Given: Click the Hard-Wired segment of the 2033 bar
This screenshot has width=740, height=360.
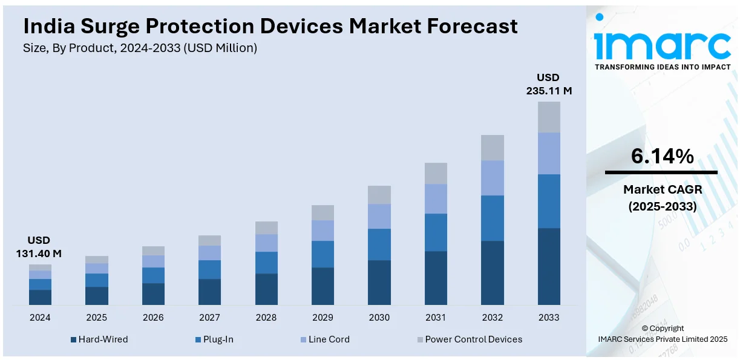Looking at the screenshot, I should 549,266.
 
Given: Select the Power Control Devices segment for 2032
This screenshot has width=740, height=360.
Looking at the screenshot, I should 492,148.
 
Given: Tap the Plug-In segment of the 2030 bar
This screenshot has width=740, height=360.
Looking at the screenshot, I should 379,244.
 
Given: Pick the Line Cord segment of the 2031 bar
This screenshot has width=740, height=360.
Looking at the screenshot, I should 436,198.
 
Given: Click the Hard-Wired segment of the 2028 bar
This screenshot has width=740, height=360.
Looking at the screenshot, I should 266,289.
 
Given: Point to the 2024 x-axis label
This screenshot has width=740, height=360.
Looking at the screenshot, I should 40,318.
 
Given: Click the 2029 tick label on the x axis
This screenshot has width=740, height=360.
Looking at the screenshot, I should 323,318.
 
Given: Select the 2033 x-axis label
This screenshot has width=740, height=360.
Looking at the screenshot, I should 549,318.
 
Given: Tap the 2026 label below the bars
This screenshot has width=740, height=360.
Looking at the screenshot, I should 153,318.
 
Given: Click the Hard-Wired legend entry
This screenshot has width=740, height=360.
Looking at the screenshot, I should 100,339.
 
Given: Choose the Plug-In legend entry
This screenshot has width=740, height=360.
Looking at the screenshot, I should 215,339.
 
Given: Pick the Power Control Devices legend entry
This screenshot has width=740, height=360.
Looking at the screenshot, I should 469,339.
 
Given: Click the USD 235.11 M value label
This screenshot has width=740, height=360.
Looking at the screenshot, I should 548,84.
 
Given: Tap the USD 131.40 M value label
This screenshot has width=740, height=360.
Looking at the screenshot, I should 39,247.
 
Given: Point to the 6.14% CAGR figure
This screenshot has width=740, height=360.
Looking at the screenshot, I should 662,157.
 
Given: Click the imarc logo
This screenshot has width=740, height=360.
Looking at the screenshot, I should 663,42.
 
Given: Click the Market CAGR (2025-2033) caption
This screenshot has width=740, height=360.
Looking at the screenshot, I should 662,198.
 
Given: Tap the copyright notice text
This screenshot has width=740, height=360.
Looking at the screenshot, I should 662,333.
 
